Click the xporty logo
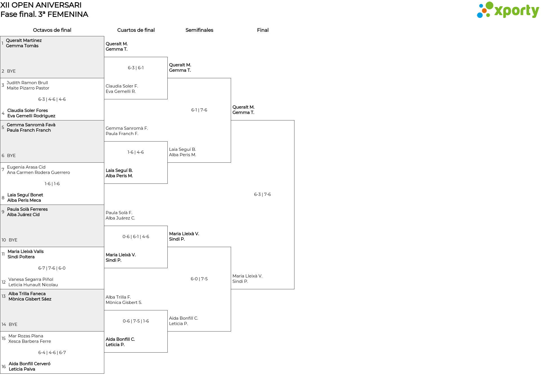pos(508,10)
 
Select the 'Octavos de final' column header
pos(52,30)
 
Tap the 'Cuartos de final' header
pos(136,30)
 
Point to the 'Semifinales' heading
pos(199,30)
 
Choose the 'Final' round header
pos(263,30)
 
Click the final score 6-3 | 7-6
pos(262,194)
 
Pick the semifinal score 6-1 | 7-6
pos(199,110)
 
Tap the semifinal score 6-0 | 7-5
pos(199,279)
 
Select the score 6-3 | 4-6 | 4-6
pos(52,99)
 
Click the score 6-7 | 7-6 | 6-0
pos(52,268)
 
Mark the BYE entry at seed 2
pos(11,71)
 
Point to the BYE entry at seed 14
pos(13,324)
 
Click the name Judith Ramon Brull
pos(27,83)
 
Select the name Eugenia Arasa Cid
pos(26,167)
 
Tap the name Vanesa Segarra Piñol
pos(31,279)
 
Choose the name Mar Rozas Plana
pos(26,336)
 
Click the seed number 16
pos(4,367)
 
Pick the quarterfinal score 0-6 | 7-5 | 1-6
pos(136,321)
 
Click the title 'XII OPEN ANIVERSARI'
pos(41,5)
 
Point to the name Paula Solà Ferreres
pos(27,209)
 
